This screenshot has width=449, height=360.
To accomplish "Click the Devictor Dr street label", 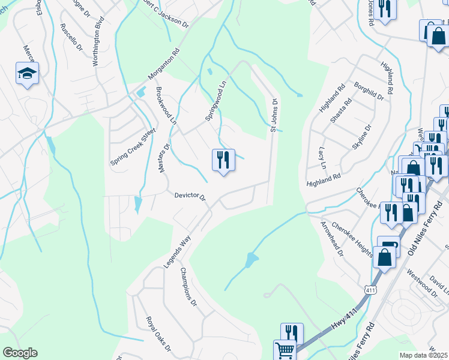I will point(190,196).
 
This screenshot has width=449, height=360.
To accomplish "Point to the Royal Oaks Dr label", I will point(159,333).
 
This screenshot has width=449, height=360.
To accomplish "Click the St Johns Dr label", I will point(274,115).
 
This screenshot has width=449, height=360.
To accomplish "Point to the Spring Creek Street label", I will point(133,146).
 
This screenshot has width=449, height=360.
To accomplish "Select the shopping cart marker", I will point(285,349).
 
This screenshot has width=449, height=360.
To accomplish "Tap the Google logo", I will point(20,353).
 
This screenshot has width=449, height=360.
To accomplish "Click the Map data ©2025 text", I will point(423,355).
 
